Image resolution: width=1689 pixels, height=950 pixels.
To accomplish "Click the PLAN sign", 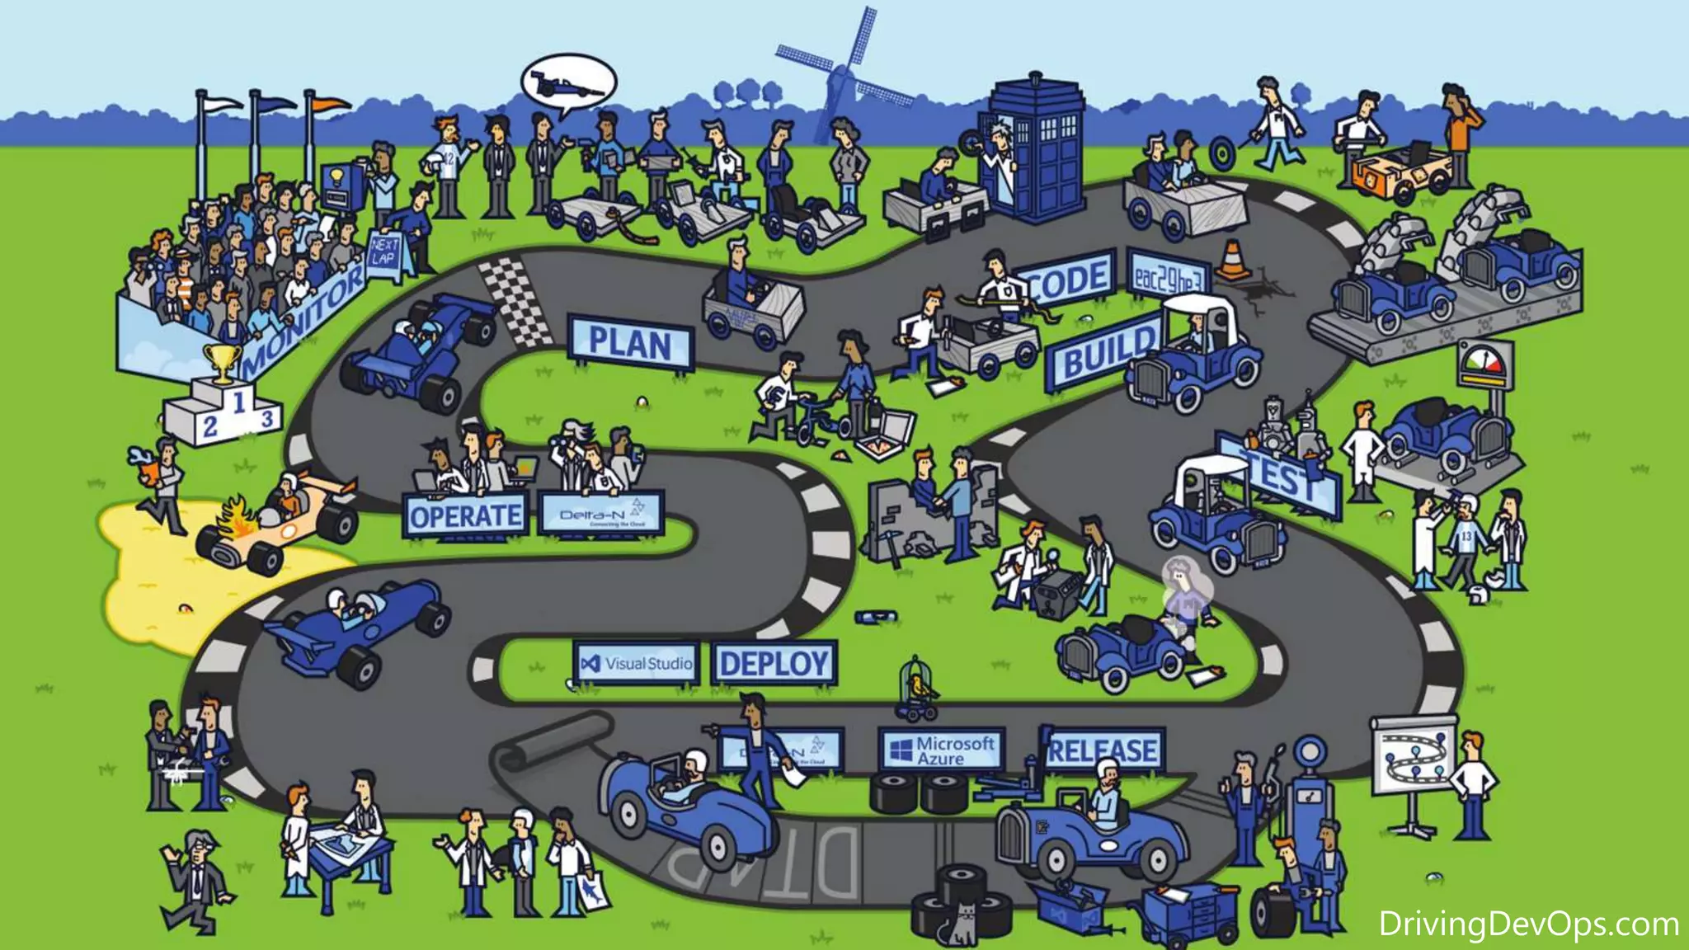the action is click(630, 343).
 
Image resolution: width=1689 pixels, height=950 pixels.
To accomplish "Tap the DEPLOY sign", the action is click(774, 663).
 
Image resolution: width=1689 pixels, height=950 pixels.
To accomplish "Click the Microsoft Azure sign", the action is click(942, 750).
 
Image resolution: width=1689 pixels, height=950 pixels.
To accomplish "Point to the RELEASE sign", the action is click(1103, 750).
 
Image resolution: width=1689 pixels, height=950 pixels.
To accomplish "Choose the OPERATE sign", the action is click(465, 516).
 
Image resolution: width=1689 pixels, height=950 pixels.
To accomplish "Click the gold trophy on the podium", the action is click(221, 363).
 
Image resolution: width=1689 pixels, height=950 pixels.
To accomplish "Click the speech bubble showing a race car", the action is click(568, 84).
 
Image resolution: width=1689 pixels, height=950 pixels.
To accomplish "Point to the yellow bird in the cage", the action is click(916, 684).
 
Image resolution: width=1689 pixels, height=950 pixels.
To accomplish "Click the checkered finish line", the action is click(517, 302).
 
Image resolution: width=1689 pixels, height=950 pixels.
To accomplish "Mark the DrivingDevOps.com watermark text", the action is click(1528, 924).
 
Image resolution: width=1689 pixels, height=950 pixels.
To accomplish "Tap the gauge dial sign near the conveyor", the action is click(1486, 364).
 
